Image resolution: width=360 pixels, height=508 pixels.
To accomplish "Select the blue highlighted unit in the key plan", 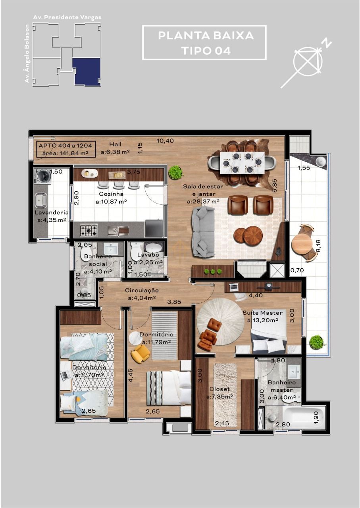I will [x=87, y=71].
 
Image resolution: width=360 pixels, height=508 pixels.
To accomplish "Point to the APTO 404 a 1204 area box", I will [x=66, y=149].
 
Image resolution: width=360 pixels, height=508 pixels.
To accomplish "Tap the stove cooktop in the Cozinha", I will [x=89, y=230].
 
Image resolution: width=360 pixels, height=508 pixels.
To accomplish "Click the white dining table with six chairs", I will [x=242, y=162].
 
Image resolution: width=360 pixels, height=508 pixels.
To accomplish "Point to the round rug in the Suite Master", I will [x=220, y=321].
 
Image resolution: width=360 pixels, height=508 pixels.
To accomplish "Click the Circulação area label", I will [x=142, y=294].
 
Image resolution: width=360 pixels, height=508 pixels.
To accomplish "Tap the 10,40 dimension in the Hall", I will [x=165, y=140].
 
